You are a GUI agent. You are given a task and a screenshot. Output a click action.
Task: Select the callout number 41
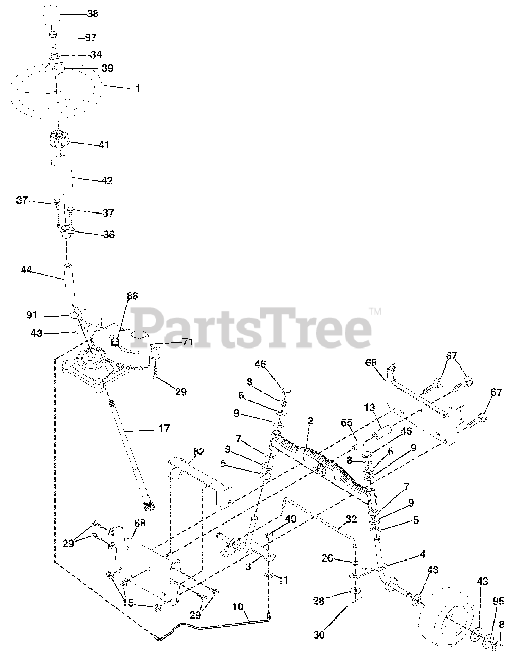pyautogui.click(x=104, y=145)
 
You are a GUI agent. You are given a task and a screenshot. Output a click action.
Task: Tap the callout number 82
pyautogui.click(x=199, y=452)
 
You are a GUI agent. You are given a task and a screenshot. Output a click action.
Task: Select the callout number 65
pyautogui.click(x=347, y=424)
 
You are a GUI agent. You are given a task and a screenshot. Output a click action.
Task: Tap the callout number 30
pyautogui.click(x=319, y=635)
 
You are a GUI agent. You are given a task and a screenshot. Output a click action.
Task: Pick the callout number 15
pyautogui.click(x=128, y=603)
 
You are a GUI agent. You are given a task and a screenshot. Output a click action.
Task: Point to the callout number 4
pyautogui.click(x=422, y=554)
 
